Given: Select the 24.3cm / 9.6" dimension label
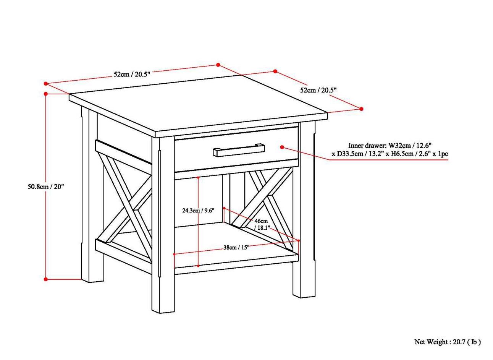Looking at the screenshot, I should point(198,210).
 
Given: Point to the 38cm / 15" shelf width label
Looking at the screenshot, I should point(236,247).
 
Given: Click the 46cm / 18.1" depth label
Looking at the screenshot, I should point(262,224).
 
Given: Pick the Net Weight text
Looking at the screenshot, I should point(448,342).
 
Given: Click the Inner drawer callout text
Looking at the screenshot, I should point(390,149).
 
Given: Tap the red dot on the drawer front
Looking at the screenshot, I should point(282,147).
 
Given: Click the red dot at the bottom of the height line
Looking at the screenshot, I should point(46,279).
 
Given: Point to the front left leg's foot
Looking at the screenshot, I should point(163,308).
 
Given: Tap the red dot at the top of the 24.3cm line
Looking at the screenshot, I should point(198,178).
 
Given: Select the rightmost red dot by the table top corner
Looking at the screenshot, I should point(362,109).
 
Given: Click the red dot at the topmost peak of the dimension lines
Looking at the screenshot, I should point(218,65).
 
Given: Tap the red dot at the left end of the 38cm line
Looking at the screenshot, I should point(174,254).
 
